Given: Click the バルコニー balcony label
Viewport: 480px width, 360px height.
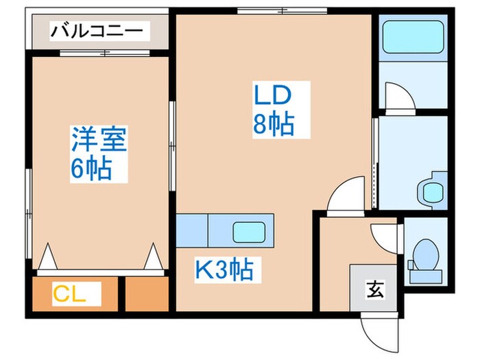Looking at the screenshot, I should [x=98, y=31].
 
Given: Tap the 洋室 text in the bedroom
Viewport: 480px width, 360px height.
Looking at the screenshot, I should [x=99, y=141].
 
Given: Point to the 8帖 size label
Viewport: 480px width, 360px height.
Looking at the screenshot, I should [x=274, y=125].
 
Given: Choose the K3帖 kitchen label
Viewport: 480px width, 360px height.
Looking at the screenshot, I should [x=224, y=269].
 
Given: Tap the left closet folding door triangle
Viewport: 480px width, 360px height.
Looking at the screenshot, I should [x=47, y=259].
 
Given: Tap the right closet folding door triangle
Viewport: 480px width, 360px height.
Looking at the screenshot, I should [x=152, y=259].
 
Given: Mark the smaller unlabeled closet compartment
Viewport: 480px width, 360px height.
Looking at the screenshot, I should [x=147, y=295].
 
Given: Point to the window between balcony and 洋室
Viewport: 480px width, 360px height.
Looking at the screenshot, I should [x=104, y=53].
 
